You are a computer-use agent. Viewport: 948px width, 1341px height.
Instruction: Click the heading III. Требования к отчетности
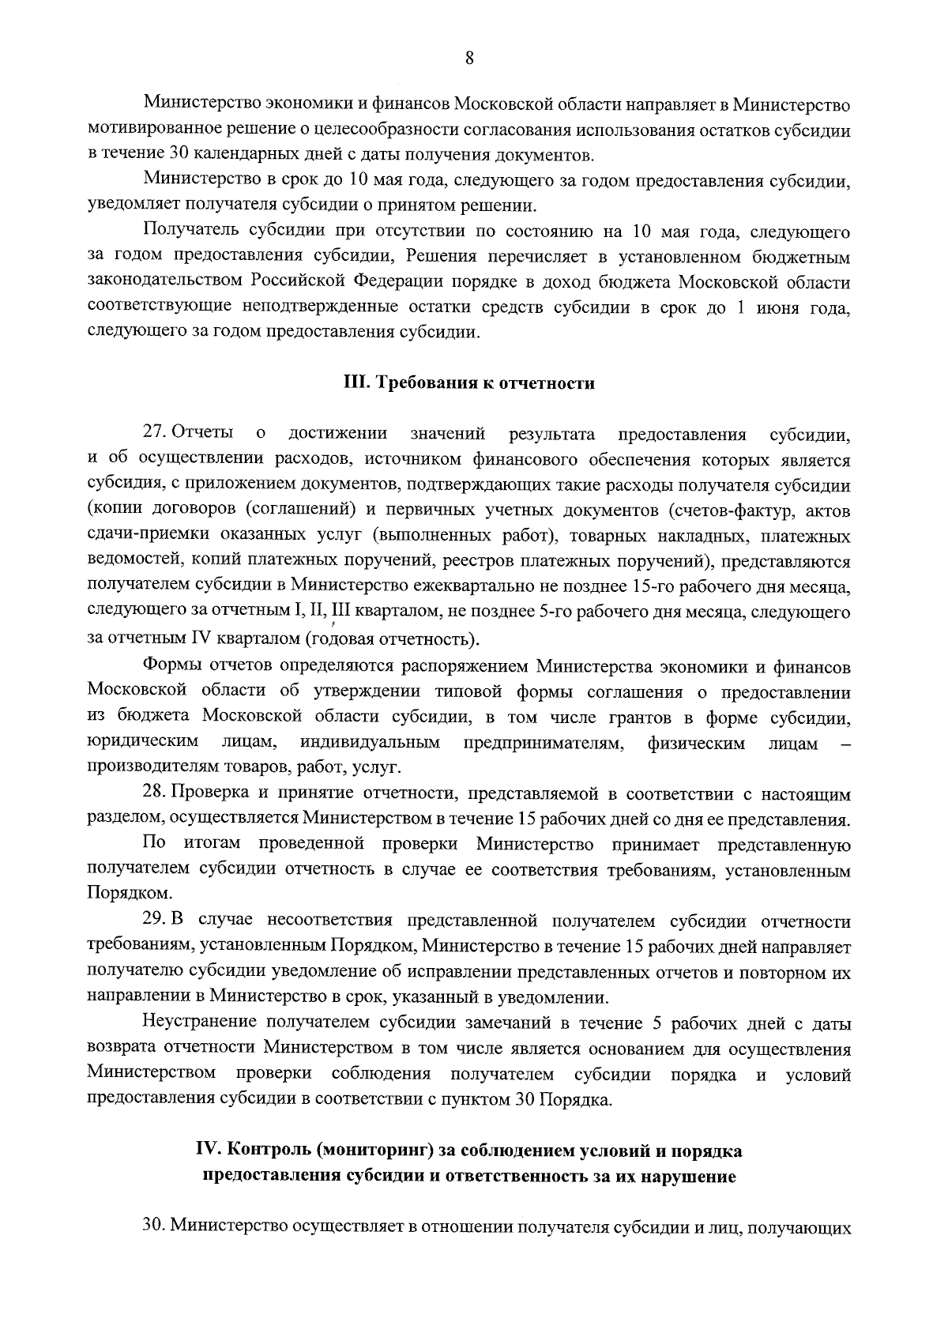[x=468, y=383]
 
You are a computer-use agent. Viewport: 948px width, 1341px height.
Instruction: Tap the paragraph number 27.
[x=153, y=433]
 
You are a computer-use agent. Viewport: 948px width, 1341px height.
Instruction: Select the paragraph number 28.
[x=153, y=793]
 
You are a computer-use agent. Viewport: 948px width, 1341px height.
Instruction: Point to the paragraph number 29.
[x=153, y=921]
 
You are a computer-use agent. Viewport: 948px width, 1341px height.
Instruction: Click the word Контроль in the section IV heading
[x=265, y=1151]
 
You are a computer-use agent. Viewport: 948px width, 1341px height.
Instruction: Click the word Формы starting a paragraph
[x=169, y=666]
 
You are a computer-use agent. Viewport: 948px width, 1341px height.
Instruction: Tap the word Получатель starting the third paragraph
[x=186, y=232]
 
